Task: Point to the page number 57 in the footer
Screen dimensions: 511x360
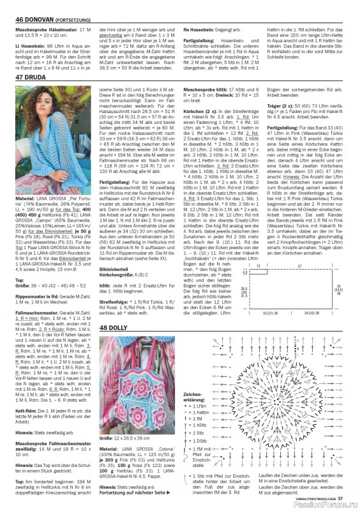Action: point(341,498)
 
